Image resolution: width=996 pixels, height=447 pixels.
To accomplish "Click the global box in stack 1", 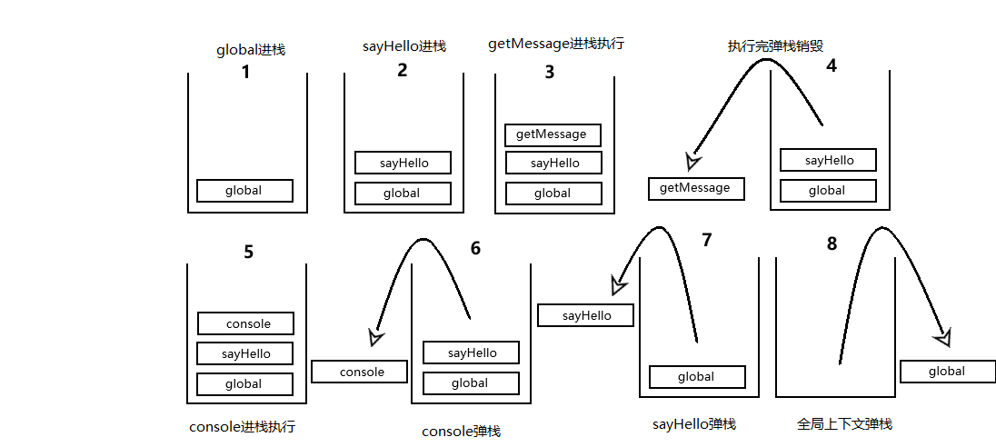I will coord(244,191).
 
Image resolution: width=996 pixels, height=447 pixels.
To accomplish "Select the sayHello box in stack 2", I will coord(403,164).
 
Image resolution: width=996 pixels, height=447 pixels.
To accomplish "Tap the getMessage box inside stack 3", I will coord(553,134).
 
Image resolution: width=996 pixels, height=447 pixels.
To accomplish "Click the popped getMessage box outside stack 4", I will coord(696,188).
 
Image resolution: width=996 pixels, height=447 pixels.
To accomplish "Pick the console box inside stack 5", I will coord(246,323).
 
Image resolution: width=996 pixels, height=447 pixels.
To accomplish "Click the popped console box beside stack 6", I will coord(359,372).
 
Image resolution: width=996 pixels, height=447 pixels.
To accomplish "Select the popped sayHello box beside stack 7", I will coord(585,315).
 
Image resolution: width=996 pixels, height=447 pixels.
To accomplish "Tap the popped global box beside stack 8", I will coord(947,371).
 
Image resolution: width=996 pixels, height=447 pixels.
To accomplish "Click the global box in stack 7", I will coord(697,376).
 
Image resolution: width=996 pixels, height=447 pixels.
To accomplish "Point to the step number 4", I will coord(831,66).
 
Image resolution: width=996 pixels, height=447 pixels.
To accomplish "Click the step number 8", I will coord(832,243).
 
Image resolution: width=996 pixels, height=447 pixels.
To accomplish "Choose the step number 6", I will coord(475,248).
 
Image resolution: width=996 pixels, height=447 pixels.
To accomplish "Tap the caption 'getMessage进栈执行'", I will coord(556,44).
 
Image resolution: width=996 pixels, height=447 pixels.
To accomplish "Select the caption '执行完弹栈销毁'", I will coord(775,45).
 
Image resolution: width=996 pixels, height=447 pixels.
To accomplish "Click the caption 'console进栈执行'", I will coord(242,426).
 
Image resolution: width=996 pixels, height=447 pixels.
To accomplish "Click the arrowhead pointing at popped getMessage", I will coord(693,161).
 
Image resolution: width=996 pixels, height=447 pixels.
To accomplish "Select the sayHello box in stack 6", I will coord(472,353).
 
